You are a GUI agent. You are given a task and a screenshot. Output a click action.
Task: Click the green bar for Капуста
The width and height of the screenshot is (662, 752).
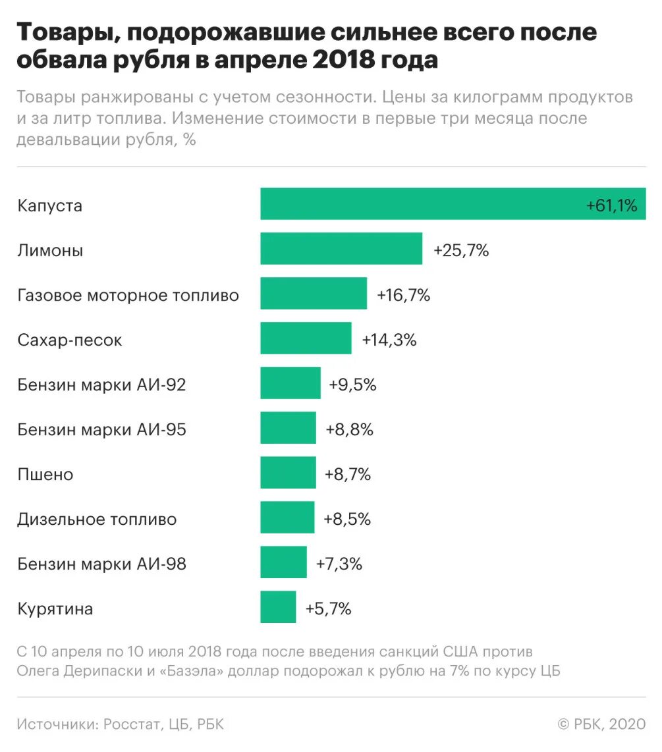click(422, 203)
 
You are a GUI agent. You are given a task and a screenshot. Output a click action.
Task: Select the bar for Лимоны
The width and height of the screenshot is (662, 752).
click(341, 248)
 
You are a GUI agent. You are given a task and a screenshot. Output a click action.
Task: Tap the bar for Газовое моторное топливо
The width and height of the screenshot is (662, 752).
click(314, 293)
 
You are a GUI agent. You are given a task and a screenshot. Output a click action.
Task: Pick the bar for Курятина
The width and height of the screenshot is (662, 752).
click(278, 607)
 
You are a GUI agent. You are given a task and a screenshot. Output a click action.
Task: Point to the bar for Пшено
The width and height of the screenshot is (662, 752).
click(288, 473)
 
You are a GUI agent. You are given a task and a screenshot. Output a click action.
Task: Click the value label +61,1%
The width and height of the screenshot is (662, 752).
click(611, 206)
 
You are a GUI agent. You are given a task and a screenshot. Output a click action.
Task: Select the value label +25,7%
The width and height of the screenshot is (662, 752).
click(461, 251)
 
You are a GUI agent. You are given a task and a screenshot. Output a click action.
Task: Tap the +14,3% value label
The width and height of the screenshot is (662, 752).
click(389, 340)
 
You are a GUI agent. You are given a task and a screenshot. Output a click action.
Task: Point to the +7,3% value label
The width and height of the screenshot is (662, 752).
click(339, 564)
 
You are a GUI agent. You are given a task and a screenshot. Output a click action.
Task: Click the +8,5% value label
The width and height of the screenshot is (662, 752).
click(347, 520)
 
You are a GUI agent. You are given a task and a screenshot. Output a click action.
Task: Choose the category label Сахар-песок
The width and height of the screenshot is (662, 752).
click(70, 340)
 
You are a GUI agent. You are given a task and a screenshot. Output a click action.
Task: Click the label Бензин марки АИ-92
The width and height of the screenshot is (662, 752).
click(101, 385)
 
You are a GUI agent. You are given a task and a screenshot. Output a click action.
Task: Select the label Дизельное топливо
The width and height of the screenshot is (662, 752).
click(97, 520)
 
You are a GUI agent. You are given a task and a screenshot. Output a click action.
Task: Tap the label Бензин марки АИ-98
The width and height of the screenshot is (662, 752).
click(101, 564)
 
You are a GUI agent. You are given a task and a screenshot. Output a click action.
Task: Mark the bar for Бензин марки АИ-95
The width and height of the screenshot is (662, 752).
click(288, 428)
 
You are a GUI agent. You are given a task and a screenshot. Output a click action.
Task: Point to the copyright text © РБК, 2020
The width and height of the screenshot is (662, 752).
click(601, 724)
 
